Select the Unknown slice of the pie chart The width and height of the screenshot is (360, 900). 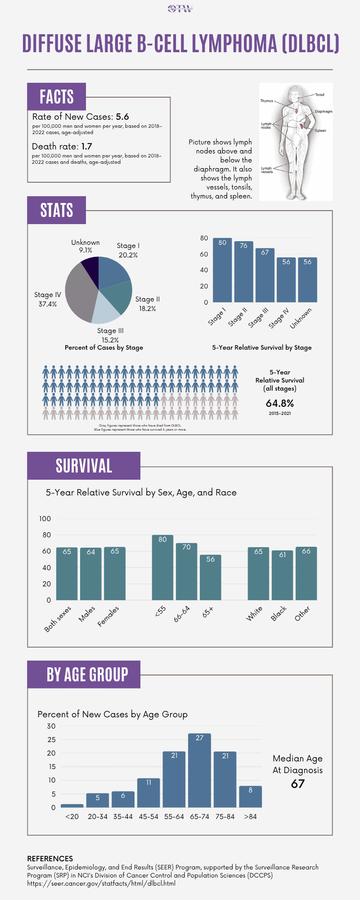[91, 267]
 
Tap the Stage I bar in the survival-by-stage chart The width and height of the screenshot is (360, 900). [222, 270]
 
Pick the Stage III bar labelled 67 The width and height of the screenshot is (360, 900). [265, 275]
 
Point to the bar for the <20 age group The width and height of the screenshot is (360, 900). [72, 805]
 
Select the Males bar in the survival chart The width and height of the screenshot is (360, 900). [91, 574]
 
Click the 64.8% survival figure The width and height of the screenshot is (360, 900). [279, 403]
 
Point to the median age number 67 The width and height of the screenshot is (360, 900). [297, 784]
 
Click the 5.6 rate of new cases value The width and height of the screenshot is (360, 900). [122, 117]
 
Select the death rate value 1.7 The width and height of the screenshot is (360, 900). [86, 146]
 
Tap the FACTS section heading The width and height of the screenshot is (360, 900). [56, 97]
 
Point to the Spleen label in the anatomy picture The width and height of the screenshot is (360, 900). [320, 130]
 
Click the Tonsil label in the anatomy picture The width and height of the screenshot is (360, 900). [319, 95]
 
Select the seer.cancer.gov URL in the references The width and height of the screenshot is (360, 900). [101, 883]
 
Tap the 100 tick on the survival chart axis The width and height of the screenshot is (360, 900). [45, 519]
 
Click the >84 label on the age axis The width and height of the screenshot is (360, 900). [250, 817]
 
